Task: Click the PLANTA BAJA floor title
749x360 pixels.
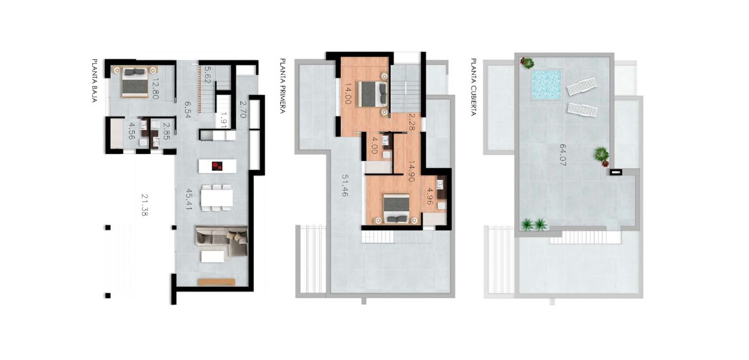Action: (x=94, y=81)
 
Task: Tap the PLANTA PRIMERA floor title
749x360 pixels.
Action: (x=283, y=85)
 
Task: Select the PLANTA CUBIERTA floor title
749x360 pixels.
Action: (x=473, y=87)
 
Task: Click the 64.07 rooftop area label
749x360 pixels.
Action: (x=562, y=156)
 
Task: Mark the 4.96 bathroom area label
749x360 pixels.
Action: (x=430, y=195)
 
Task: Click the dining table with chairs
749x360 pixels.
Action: (x=217, y=197)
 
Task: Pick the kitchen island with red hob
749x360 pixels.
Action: (x=216, y=166)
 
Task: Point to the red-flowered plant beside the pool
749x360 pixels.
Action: (x=527, y=62)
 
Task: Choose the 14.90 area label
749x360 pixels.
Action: (x=411, y=171)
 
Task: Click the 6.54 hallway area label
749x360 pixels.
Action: (x=188, y=109)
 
